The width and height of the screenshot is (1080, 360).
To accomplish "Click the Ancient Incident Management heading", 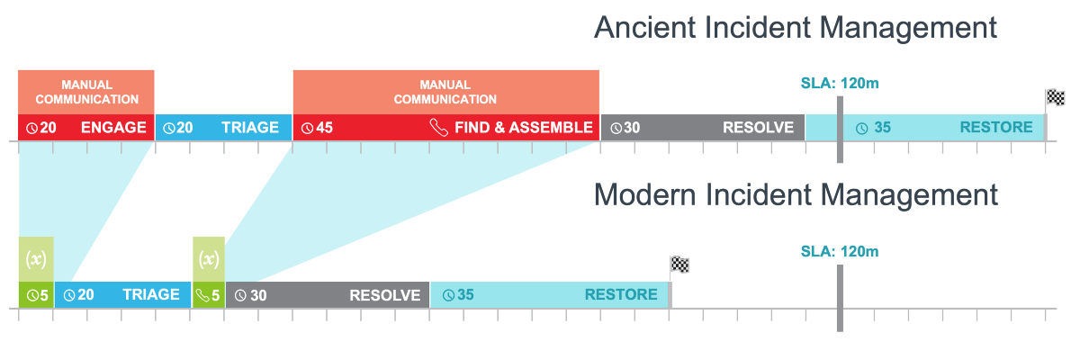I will pos(796,27).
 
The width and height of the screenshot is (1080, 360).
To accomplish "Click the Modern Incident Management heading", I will pos(796,194).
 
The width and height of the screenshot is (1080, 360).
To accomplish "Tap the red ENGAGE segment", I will pos(86,128).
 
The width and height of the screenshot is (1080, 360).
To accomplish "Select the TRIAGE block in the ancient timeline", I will pos(224,128).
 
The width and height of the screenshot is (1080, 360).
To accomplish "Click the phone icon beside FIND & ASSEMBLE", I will pos(438,128).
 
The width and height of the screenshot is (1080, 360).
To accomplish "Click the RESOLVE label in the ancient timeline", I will pos(759,128).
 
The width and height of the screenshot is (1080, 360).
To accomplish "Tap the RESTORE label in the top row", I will pos(996,128).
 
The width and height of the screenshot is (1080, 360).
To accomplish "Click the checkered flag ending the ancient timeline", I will pos(1055,98).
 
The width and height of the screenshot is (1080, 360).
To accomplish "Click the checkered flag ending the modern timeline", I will pos(679,265).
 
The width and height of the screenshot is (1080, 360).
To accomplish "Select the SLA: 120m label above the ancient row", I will pos(839,84).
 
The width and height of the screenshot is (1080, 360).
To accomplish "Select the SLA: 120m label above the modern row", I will pos(839,251).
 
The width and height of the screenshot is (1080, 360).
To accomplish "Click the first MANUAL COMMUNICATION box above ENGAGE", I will pos(86,92).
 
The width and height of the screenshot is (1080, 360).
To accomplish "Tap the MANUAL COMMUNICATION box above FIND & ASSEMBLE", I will pos(445,92).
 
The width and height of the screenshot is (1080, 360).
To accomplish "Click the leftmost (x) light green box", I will pos(36,259).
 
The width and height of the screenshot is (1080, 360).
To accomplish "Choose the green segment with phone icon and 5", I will pos(209,295).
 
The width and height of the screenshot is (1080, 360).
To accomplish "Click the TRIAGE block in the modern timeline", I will pos(123,295).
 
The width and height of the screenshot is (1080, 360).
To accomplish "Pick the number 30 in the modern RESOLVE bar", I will pos(258,295).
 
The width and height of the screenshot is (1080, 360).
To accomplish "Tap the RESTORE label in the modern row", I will pos(621,295).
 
